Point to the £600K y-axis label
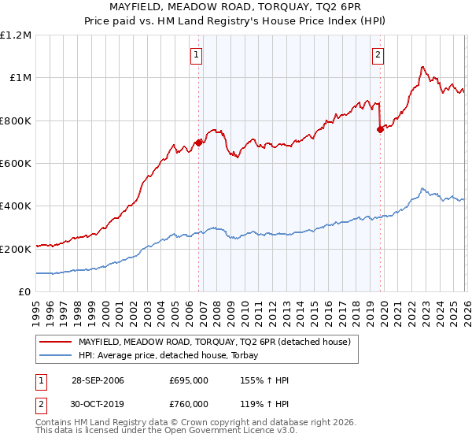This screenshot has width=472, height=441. coord(16,164)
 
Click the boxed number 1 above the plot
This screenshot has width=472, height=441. coord(196,55)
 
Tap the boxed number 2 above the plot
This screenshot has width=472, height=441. coord(378,55)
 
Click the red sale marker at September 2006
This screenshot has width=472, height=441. coord(198,143)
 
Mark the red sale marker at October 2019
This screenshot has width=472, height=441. coord(380,130)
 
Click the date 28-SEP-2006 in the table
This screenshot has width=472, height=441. coord(98,380)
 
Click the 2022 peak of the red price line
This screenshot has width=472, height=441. coord(422,67)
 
